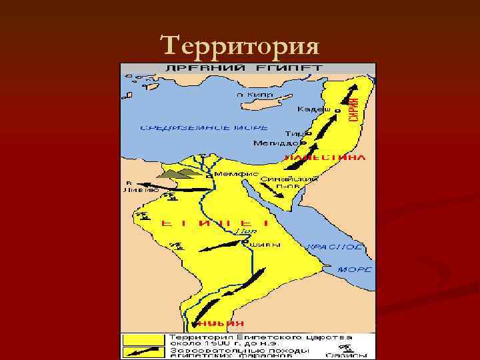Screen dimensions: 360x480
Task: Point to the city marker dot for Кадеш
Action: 337,111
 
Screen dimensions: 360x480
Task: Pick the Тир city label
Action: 293,133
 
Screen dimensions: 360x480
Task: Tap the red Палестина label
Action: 325,158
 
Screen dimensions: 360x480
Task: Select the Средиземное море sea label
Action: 204,127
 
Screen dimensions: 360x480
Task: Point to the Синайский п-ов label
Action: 278,182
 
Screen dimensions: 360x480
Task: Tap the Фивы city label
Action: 265,244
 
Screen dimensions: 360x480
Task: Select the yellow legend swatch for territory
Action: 143,339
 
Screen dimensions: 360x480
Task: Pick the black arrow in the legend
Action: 143,350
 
